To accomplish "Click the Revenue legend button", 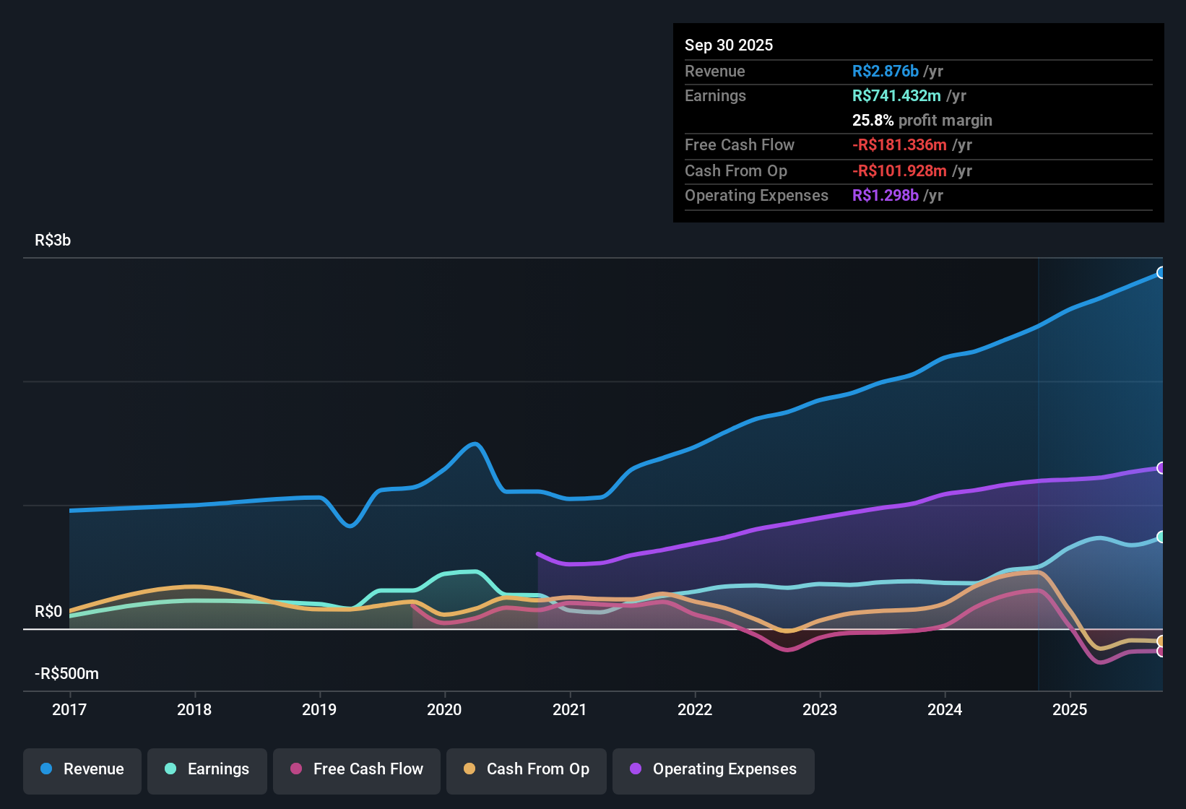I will coord(82,769).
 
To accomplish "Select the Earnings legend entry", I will coord(207,769).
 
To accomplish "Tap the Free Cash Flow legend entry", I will coord(357,769).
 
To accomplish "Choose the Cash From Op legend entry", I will coord(527,769).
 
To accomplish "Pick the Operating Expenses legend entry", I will coord(714,769).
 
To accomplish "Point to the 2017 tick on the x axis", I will coord(69,709).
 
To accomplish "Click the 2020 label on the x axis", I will coord(444,709).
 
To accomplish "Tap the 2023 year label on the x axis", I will coord(820,709).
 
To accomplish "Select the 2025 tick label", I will coord(1070,709).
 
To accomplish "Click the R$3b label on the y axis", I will coord(53,241).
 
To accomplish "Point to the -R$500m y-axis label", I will coord(66,674).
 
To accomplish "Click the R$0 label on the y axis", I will coord(48,612).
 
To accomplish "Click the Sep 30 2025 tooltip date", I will coord(729,45).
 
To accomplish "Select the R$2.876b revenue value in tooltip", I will coord(886,71).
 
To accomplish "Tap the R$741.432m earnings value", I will coord(896,96).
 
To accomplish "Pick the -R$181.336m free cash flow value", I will coord(899,145).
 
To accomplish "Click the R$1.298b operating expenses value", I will coord(886,196).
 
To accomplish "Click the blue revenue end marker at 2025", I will coord(1161,273).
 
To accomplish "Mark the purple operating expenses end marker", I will coord(1161,468).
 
